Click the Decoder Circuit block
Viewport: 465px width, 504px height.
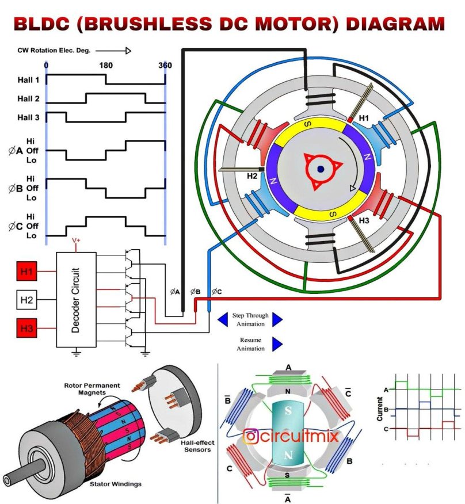point(76,299)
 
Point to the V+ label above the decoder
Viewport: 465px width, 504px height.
point(75,242)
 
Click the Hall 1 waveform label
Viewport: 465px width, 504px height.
point(28,81)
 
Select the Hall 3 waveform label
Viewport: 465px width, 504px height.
point(28,117)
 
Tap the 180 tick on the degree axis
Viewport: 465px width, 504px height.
point(106,65)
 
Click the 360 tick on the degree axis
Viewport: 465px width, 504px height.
point(165,65)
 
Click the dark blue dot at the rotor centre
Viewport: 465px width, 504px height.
point(321,169)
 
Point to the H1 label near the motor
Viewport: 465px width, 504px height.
point(364,118)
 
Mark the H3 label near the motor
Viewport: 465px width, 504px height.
point(364,220)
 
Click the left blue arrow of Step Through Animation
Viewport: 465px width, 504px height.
point(222,319)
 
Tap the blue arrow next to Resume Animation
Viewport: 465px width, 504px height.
point(277,344)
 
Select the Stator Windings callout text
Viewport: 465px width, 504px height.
point(115,484)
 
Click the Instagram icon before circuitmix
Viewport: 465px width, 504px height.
point(250,437)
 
